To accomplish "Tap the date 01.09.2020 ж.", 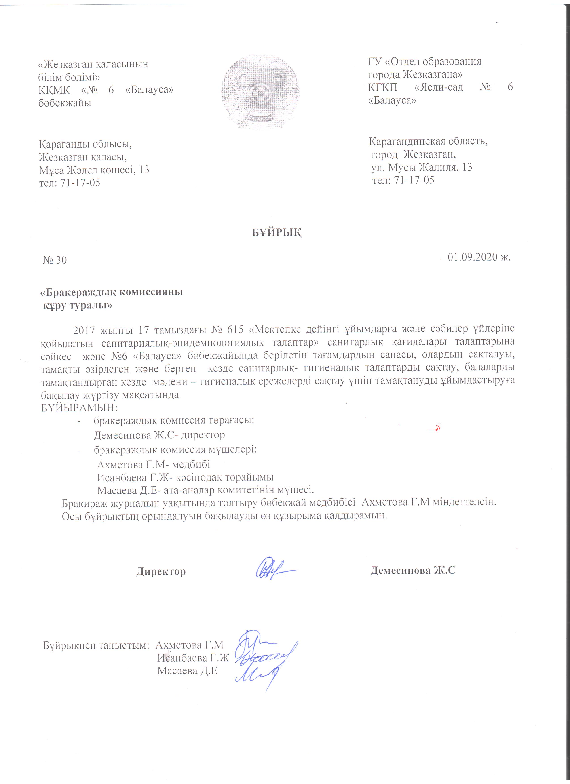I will click(479, 257).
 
